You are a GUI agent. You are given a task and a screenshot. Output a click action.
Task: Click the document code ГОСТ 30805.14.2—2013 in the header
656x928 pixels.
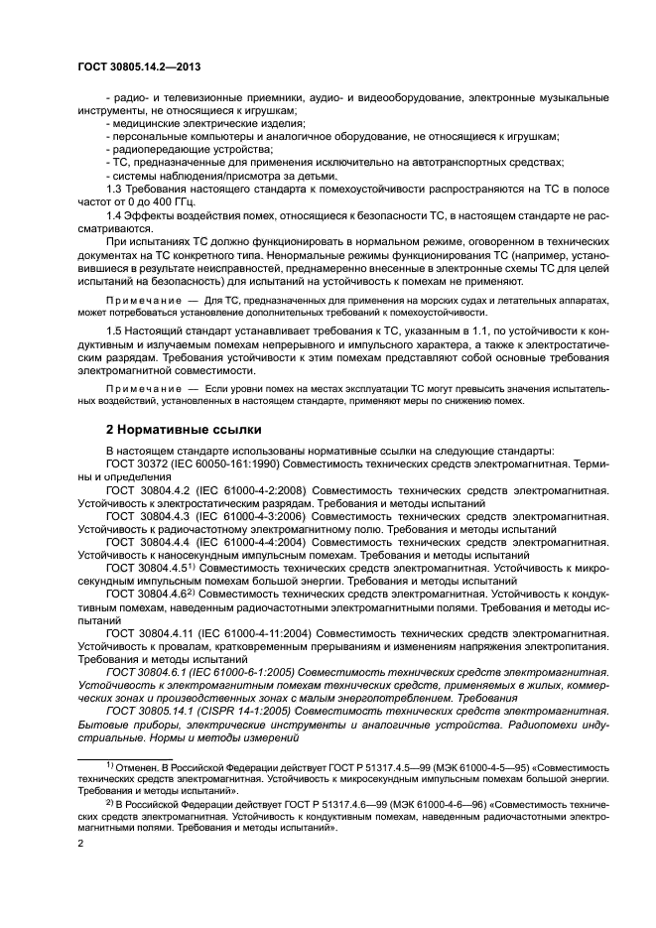[141, 67]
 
